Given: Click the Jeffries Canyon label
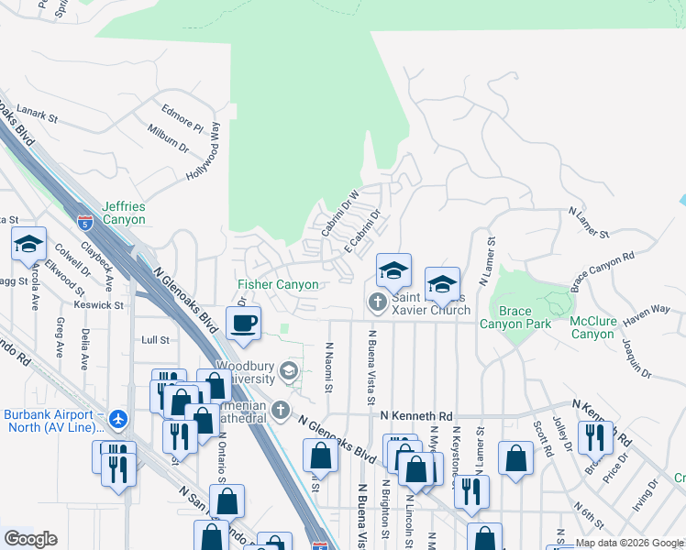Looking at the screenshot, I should tap(123, 214).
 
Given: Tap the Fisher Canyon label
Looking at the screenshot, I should tap(278, 285).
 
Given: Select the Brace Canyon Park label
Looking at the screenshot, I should tap(515, 317).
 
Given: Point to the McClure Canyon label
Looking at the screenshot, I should tap(592, 327).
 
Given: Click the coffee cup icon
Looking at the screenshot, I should tap(243, 323).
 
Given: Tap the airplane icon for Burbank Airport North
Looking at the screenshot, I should tap(117, 419).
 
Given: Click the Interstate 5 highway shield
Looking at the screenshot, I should tap(85, 222).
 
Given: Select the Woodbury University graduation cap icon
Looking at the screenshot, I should tap(289, 370).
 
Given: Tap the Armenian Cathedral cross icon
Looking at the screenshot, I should tap(281, 409).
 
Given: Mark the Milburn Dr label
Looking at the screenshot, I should tap(167, 138).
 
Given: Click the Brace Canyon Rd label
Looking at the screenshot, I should tap(603, 272).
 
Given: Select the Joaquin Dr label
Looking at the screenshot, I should tap(636, 359).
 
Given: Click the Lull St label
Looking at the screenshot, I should tap(155, 340).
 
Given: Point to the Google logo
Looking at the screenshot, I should tap(30, 539).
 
